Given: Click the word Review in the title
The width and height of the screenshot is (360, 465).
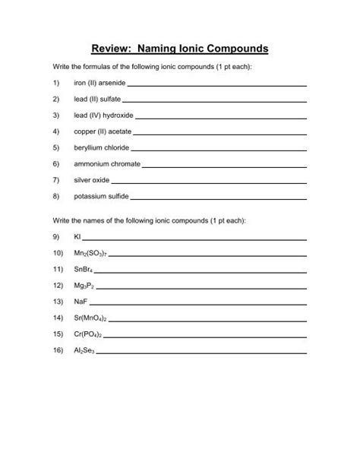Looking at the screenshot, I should pyautogui.click(x=112, y=49).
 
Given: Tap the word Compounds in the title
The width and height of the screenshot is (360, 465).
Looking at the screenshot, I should pyautogui.click(x=234, y=49).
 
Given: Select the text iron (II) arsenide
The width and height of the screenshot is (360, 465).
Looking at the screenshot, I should pyautogui.click(x=100, y=83).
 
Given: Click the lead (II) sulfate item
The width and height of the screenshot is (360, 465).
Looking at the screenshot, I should pyautogui.click(x=96, y=99).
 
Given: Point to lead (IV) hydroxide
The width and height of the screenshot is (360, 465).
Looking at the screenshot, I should pyautogui.click(x=103, y=115).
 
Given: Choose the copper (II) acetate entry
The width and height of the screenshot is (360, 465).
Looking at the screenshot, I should pyautogui.click(x=102, y=131).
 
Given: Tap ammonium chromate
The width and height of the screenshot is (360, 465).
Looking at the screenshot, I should pyautogui.click(x=105, y=163).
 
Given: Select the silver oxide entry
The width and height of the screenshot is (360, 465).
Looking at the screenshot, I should pyautogui.click(x=92, y=179).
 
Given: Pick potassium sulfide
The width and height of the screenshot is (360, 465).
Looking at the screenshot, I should pyautogui.click(x=99, y=196).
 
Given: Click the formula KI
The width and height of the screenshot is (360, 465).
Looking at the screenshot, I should pyautogui.click(x=77, y=236).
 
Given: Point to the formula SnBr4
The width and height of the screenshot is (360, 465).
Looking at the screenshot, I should pyautogui.click(x=83, y=269).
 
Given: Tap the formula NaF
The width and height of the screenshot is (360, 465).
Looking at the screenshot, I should pyautogui.click(x=80, y=302).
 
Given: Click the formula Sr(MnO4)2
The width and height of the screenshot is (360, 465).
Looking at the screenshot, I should pyautogui.click(x=90, y=318).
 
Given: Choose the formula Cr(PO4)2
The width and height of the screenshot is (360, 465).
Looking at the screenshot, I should pyautogui.click(x=88, y=334).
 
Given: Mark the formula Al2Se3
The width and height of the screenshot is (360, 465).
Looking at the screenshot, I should pyautogui.click(x=84, y=350).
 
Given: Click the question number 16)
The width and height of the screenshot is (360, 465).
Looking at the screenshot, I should pyautogui.click(x=57, y=350).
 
